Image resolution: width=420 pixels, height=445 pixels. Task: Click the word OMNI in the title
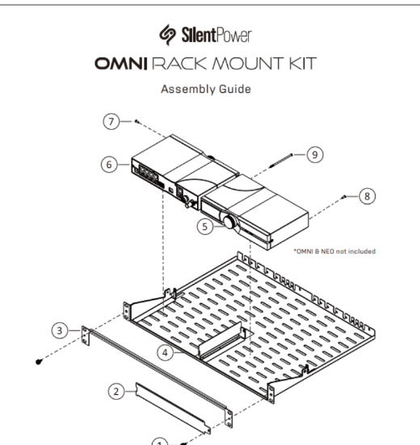[121, 64]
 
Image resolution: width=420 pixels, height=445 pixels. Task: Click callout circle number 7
[111, 121]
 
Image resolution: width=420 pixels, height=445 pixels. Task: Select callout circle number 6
[109, 165]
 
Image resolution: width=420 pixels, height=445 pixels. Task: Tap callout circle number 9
[315, 155]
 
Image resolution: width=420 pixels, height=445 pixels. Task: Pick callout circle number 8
[367, 196]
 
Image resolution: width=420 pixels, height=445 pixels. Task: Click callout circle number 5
[205, 226]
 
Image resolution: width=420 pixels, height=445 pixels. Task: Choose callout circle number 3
[60, 330]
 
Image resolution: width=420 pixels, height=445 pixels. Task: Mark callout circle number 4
[165, 353]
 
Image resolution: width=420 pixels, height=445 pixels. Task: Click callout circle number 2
[116, 392]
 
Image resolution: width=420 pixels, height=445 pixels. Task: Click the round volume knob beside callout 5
[229, 223]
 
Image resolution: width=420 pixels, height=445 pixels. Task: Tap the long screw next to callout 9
[280, 161]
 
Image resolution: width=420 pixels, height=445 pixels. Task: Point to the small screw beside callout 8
[343, 197]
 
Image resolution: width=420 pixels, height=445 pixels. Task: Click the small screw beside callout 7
[136, 121]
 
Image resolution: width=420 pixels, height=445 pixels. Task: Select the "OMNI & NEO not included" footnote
[334, 251]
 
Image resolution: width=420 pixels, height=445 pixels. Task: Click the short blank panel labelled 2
[173, 408]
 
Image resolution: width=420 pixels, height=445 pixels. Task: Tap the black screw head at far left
[39, 362]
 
